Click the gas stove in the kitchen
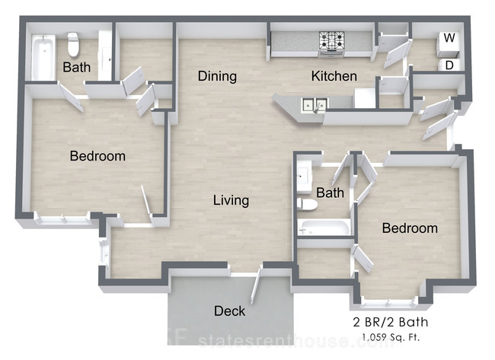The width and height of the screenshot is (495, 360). (x=331, y=44)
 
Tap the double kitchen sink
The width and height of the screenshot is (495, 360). (x=315, y=104)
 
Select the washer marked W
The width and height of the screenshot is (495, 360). (x=449, y=43)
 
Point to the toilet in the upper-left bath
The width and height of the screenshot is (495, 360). (x=73, y=44)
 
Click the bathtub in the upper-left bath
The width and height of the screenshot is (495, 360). (x=43, y=57)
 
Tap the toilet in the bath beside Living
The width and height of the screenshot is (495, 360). (x=307, y=204)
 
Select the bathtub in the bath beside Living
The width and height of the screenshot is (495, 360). (x=324, y=228)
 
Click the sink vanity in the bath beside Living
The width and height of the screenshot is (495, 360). (x=304, y=177)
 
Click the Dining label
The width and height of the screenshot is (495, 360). (x=217, y=76)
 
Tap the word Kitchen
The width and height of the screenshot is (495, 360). (x=334, y=76)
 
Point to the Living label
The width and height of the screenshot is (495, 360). (x=231, y=201)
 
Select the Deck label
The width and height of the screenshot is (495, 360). (x=229, y=311)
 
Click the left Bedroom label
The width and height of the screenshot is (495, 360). (x=97, y=156)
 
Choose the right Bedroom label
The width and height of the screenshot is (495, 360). (x=410, y=228)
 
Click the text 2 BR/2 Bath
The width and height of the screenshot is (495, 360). (x=391, y=322)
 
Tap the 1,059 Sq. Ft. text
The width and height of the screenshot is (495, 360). (x=391, y=337)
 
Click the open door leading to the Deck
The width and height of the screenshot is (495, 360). (x=256, y=286)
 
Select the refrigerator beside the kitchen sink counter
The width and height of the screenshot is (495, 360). (x=365, y=98)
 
